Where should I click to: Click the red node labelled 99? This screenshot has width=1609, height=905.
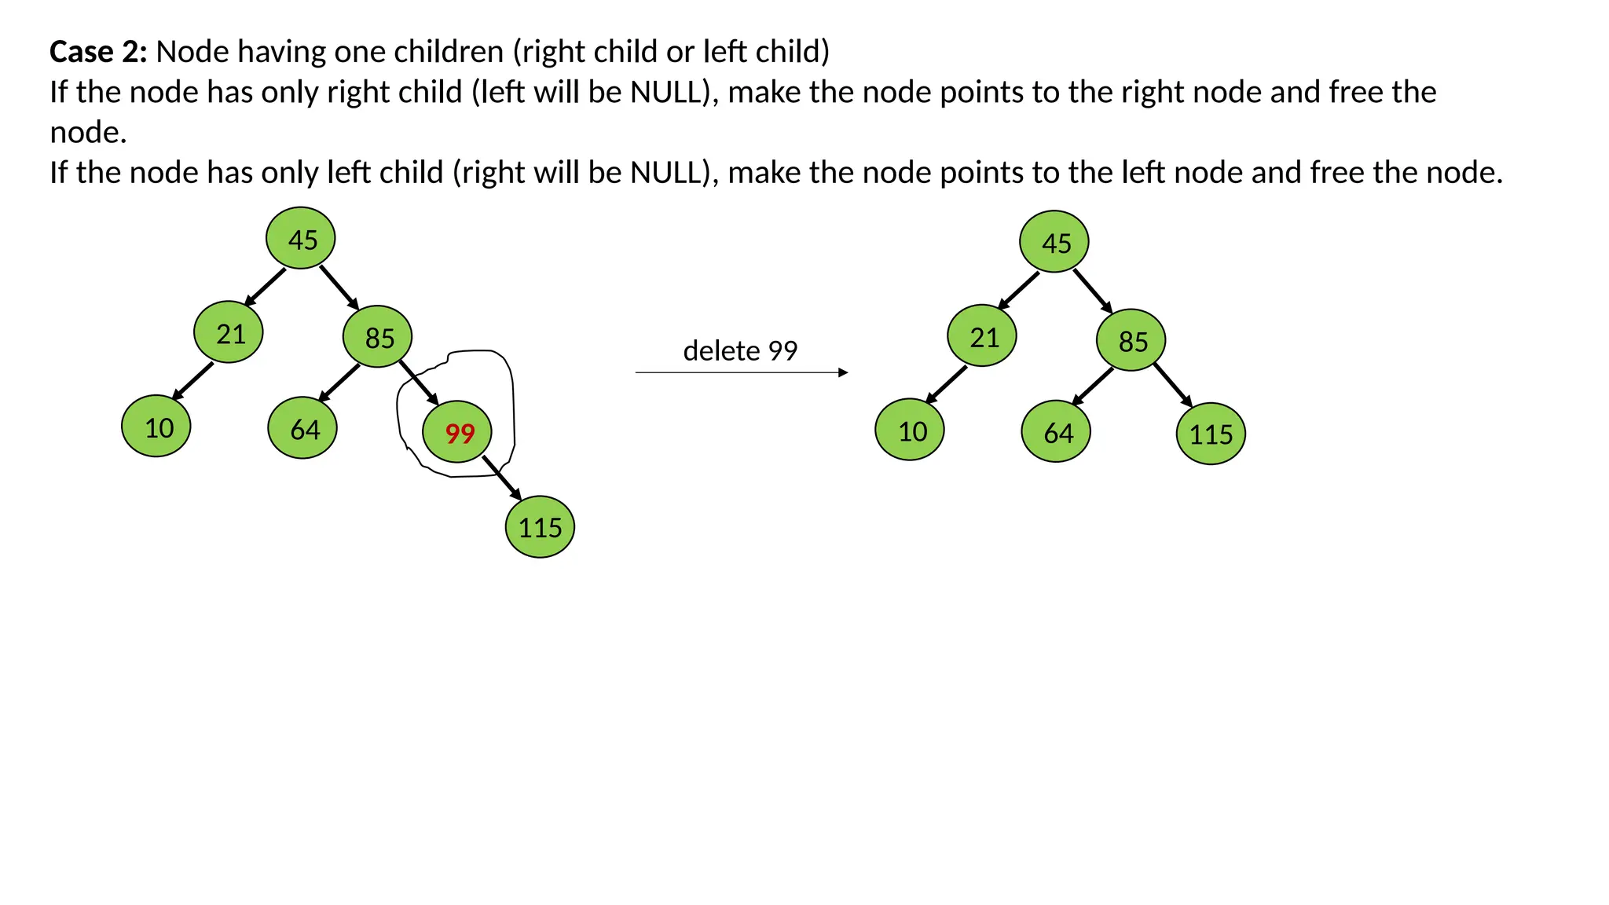pos(457,432)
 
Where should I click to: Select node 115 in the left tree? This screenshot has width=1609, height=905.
pos(540,527)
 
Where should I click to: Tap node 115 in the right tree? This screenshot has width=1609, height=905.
pos(1211,434)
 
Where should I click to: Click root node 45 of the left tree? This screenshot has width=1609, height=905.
pos(301,238)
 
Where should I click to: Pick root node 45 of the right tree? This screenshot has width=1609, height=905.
pos(1054,242)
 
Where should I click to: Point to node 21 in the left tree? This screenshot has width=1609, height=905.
pos(229,332)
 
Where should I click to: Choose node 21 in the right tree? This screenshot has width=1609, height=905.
pos(982,336)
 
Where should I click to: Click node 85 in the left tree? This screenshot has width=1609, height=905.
pos(378,337)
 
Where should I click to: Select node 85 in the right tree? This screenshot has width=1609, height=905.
pos(1131,340)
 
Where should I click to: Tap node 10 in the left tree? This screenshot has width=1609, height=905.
pos(156,427)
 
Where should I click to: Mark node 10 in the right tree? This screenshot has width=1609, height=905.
pos(910,431)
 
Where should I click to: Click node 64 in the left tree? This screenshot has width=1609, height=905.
pos(302,428)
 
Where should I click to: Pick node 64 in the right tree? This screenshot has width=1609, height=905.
pos(1056,431)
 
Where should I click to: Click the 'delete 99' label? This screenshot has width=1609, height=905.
pos(740,350)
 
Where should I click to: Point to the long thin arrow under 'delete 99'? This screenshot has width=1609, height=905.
pos(741,372)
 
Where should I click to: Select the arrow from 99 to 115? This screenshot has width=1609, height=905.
pos(502,478)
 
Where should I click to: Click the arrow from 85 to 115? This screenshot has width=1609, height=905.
pos(1173,385)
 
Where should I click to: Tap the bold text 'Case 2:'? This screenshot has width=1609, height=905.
pos(98,52)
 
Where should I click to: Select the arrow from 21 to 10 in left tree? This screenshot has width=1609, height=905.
pos(192,381)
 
